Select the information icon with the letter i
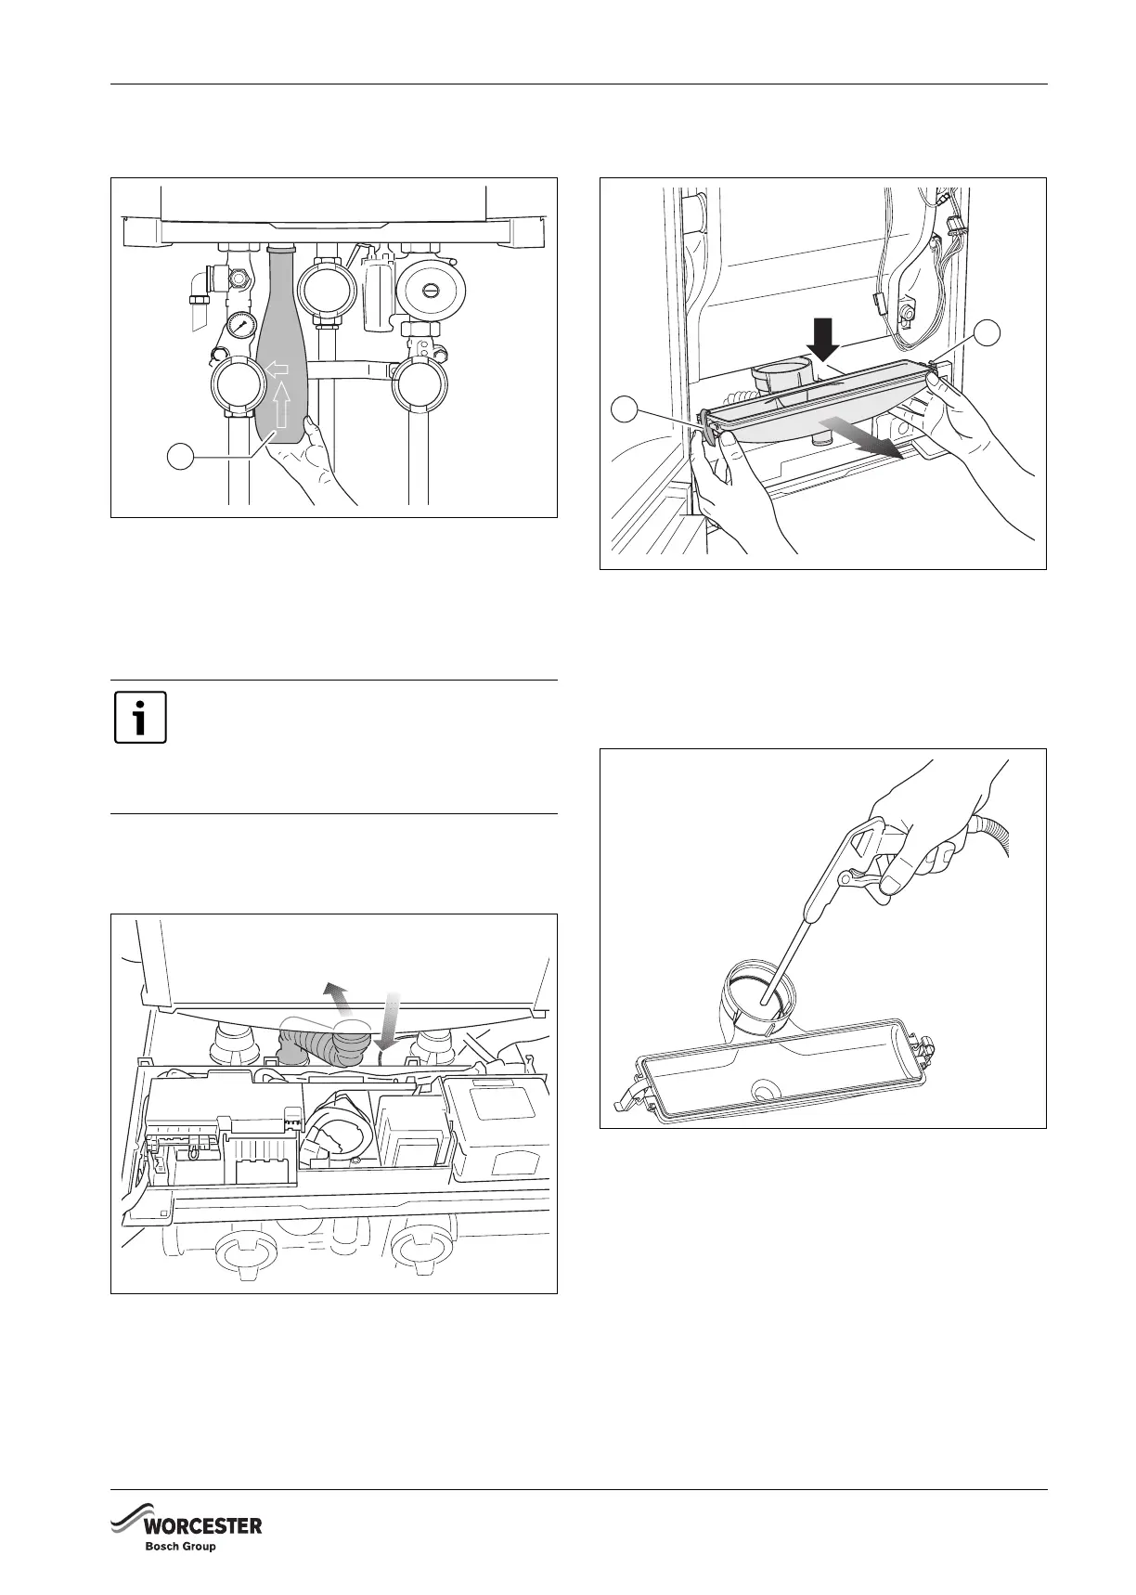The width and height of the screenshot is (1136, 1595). [x=140, y=718]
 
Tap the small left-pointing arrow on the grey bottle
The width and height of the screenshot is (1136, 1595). [x=277, y=370]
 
